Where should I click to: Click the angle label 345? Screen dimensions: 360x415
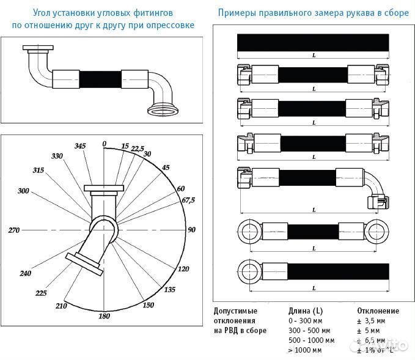80,146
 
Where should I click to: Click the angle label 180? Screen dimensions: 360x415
104,315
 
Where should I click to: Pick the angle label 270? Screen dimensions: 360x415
15,230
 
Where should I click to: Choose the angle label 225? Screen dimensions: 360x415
41,293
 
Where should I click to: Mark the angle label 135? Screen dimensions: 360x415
171,289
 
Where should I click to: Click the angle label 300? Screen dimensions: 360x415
23,191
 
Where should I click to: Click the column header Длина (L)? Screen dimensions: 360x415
306,310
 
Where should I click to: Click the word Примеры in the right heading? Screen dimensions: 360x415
239,13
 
